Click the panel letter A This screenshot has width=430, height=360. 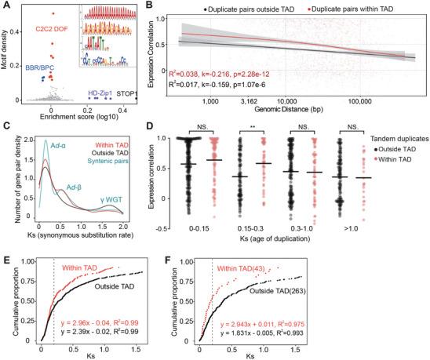click(x=6, y=6)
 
